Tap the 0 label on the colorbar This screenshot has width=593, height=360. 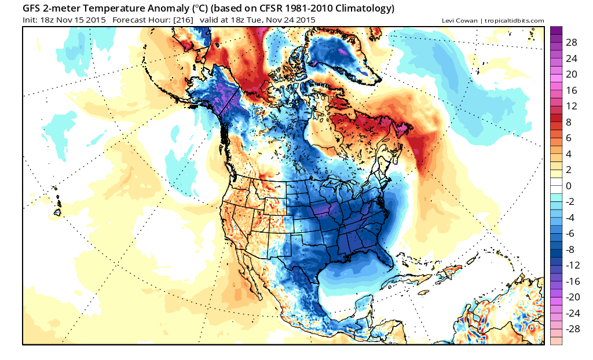[569, 186]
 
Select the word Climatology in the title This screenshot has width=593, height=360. [361, 9]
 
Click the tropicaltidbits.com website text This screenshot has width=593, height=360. [514, 21]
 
